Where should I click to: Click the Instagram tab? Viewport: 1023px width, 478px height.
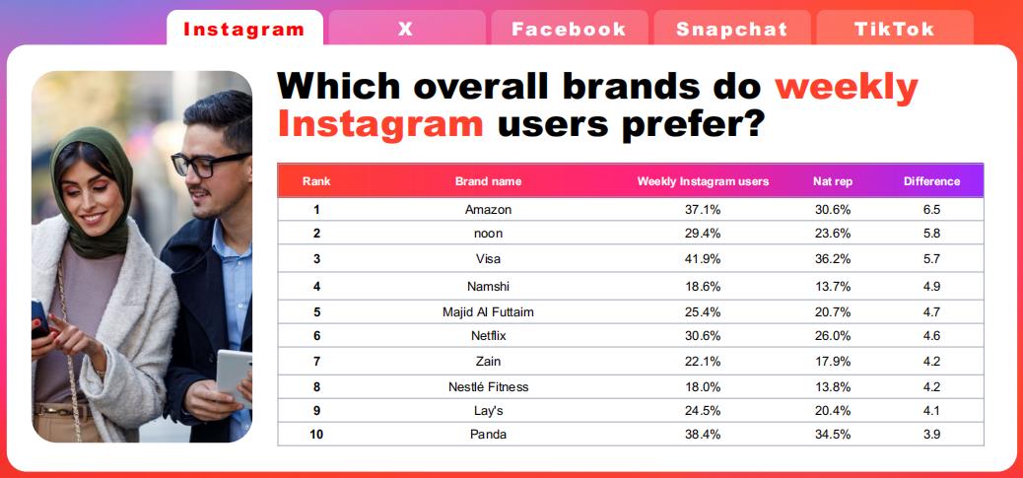(244, 29)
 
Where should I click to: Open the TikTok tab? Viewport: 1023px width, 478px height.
(895, 29)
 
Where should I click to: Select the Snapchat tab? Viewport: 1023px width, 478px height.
(732, 29)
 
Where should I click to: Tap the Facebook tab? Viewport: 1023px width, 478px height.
(569, 29)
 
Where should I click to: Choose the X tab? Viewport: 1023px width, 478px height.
(406, 29)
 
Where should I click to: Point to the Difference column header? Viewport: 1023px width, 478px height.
(931, 181)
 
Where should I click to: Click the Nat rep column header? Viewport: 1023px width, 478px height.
(833, 181)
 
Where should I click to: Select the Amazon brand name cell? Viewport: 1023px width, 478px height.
(488, 209)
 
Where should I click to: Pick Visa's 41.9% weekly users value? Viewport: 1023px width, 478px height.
(703, 259)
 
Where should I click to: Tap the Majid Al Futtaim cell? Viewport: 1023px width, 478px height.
(488, 312)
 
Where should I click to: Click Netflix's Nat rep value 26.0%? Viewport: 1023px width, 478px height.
(833, 336)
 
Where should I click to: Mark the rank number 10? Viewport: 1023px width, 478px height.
(316, 435)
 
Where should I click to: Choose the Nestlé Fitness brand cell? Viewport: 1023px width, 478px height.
(488, 386)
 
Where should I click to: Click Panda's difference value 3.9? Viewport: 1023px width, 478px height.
(931, 435)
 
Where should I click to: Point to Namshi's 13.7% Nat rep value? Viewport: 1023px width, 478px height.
(833, 286)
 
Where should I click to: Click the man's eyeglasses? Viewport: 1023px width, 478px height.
(210, 164)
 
